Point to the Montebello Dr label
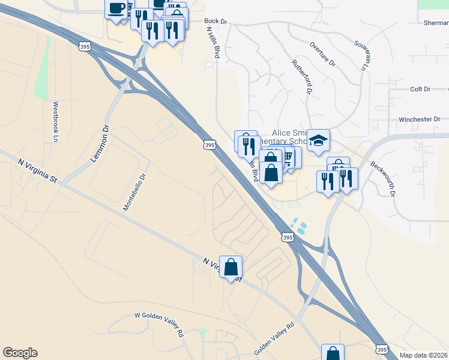pos(134,192)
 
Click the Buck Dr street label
pos(216,21)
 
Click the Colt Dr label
pos(420,89)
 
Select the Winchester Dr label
pos(419,119)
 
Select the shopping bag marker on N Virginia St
pos(231,267)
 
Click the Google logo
pos(20,353)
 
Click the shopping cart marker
pos(289,158)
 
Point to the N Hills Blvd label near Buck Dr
pos(213,42)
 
